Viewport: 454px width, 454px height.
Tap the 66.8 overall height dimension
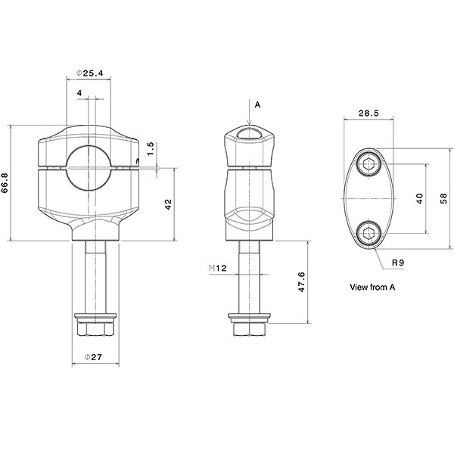pyautogui.click(x=7, y=183)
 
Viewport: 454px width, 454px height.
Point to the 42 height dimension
pyautogui.click(x=168, y=204)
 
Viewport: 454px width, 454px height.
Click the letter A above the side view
pyautogui.click(x=257, y=105)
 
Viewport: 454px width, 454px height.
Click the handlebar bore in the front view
pyautogui.click(x=89, y=163)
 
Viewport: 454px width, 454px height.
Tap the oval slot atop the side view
pyautogui.click(x=249, y=134)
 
